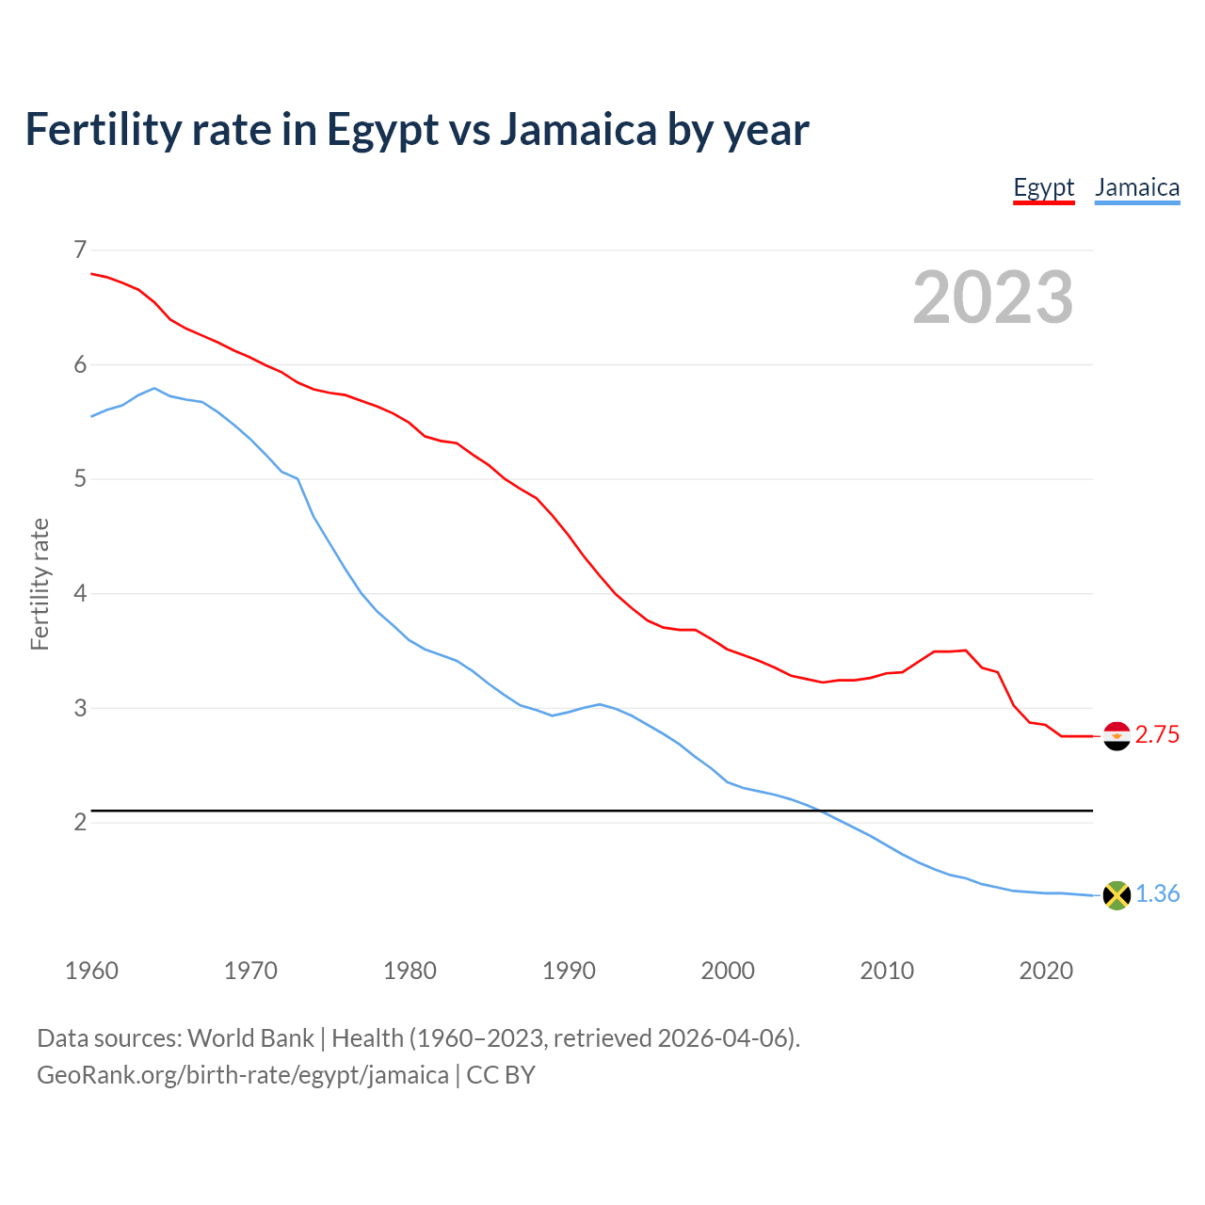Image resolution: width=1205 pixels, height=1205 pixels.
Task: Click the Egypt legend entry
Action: pos(1043,187)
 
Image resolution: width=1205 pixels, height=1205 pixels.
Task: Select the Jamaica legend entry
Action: pos(1137,187)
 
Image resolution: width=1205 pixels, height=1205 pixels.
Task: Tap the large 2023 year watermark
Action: pos(992,297)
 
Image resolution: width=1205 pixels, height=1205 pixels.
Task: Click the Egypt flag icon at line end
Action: pos(1116,735)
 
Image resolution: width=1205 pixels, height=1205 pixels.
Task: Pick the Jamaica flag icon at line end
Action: pos(1116,894)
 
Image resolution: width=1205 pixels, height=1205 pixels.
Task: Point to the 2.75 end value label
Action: pos(1157,735)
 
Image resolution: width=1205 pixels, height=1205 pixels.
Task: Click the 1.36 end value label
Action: pos(1157,894)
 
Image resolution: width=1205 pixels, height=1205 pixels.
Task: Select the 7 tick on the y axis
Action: pos(79,250)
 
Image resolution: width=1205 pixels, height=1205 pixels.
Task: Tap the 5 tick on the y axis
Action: pos(79,479)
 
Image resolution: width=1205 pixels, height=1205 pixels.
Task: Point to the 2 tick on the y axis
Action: pos(79,823)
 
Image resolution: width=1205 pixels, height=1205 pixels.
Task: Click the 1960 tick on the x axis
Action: pos(91,971)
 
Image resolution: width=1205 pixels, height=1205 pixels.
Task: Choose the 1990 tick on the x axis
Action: pos(569,971)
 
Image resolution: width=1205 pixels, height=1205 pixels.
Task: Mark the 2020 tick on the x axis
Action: pos(1046,971)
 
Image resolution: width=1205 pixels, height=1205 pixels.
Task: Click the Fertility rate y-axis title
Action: pos(40,584)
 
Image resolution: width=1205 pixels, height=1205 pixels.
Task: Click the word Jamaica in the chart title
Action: pos(577,130)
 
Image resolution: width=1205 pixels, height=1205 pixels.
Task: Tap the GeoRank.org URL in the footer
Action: pos(242,1075)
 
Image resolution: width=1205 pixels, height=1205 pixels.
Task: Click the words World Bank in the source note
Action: pos(250,1038)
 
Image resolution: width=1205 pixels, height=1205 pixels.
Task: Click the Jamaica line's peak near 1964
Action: pos(154,388)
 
